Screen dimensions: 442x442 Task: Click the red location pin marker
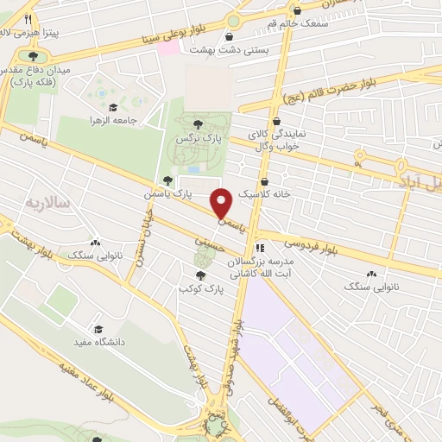[x=222, y=203]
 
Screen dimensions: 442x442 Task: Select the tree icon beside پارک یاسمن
[x=167, y=180]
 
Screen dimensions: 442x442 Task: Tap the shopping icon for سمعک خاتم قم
[x=298, y=11]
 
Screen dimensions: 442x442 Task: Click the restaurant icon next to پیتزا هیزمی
[x=28, y=19]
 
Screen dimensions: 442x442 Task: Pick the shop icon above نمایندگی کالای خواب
[x=276, y=122]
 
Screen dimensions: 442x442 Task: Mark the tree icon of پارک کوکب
[x=200, y=275]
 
